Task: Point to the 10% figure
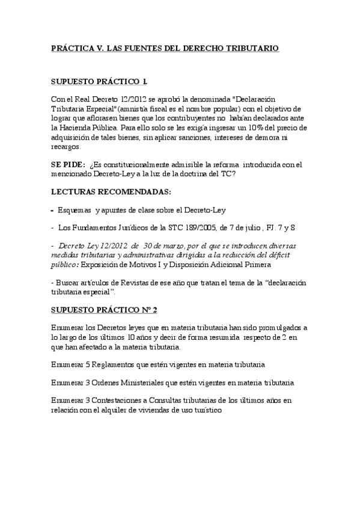coord(269,127)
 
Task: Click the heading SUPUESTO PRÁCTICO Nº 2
coord(105,310)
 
